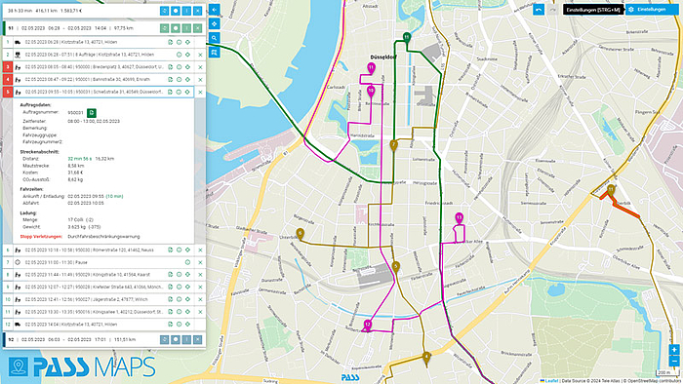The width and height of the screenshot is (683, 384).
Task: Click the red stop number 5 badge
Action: pyautogui.click(x=7, y=92)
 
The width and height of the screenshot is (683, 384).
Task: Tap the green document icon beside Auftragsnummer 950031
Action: pyautogui.click(x=90, y=113)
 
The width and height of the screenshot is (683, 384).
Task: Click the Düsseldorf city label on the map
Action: pyautogui.click(x=388, y=56)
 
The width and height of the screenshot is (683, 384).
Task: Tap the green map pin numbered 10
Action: pyautogui.click(x=406, y=37)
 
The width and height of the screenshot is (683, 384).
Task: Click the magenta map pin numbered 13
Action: pyautogui.click(x=459, y=216)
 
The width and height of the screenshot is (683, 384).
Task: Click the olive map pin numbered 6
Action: pyautogui.click(x=301, y=234)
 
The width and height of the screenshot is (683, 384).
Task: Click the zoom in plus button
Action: pyautogui.click(x=673, y=349)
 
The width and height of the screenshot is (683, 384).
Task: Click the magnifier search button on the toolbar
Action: pyautogui.click(x=214, y=37)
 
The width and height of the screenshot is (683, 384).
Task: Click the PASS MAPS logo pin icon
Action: pyautogui.click(x=18, y=368)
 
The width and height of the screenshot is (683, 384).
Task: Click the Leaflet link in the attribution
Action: pyautogui.click(x=549, y=379)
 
